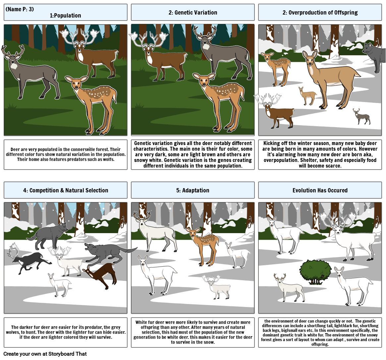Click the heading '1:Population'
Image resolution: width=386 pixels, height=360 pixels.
(x=66, y=16)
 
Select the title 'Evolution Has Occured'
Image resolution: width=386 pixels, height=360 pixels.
(x=320, y=190)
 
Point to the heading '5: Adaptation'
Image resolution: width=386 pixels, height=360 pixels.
(x=193, y=190)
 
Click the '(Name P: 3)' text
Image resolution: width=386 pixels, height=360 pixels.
(x=20, y=9)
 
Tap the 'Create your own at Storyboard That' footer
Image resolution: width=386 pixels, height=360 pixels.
(x=45, y=354)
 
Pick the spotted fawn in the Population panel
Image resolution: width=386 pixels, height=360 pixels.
(x=91, y=103)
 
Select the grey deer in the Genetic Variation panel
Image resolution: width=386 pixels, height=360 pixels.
(x=223, y=53)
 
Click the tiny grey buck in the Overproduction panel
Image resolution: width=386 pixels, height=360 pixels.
(x=361, y=116)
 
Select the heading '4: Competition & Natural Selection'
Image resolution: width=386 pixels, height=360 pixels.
(x=66, y=190)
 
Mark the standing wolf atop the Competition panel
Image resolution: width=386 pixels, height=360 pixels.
(x=48, y=235)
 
